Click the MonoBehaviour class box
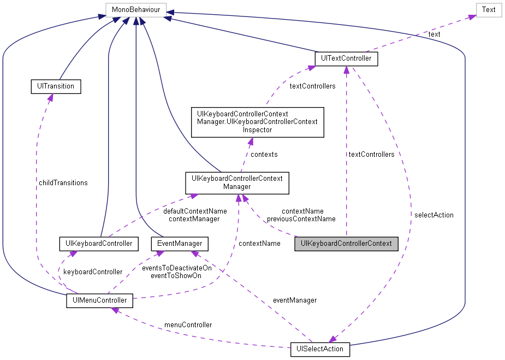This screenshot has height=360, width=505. [135, 9]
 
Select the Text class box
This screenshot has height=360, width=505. [489, 9]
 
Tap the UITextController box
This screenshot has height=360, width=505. [347, 58]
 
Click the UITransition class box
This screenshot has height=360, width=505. [55, 86]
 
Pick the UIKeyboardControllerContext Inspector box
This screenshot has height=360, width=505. [257, 122]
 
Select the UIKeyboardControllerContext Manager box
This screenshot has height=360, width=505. [236, 183]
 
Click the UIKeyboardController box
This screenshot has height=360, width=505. [99, 244]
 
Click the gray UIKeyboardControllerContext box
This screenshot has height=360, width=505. [346, 244]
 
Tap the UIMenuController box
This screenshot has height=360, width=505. [99, 300]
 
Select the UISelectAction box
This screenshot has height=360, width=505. [320, 349]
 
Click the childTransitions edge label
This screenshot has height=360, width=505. [63, 182]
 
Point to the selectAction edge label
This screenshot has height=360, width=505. [433, 215]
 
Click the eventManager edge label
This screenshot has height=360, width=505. [295, 300]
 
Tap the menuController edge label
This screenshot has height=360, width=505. [188, 324]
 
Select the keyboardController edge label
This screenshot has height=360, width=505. [93, 272]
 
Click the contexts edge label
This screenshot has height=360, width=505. [264, 155]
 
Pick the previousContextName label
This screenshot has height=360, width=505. [301, 219]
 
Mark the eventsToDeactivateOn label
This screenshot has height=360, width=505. [176, 268]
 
